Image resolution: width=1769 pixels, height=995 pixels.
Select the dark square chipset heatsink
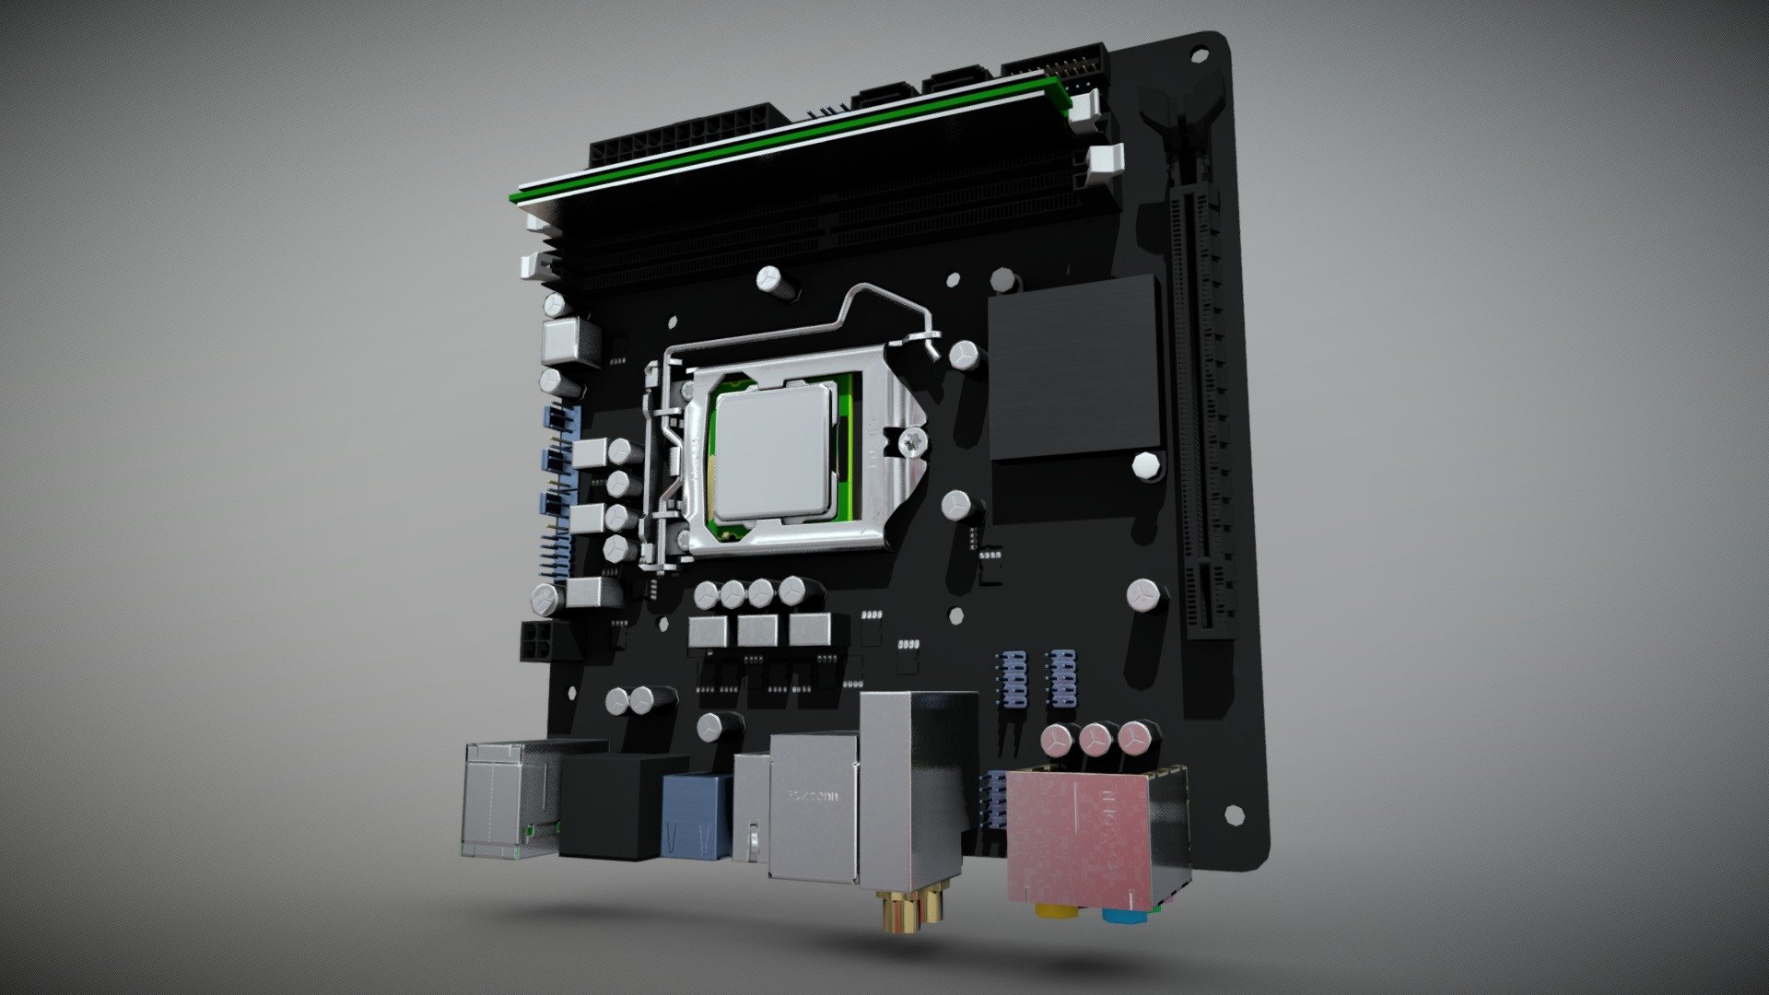click(1072, 366)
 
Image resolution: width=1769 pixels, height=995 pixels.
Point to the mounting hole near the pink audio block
click(1229, 814)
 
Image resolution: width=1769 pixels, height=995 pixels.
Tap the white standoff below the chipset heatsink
click(1145, 464)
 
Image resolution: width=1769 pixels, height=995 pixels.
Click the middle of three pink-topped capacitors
click(1095, 738)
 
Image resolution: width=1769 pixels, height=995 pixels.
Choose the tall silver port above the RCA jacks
click(912, 792)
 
